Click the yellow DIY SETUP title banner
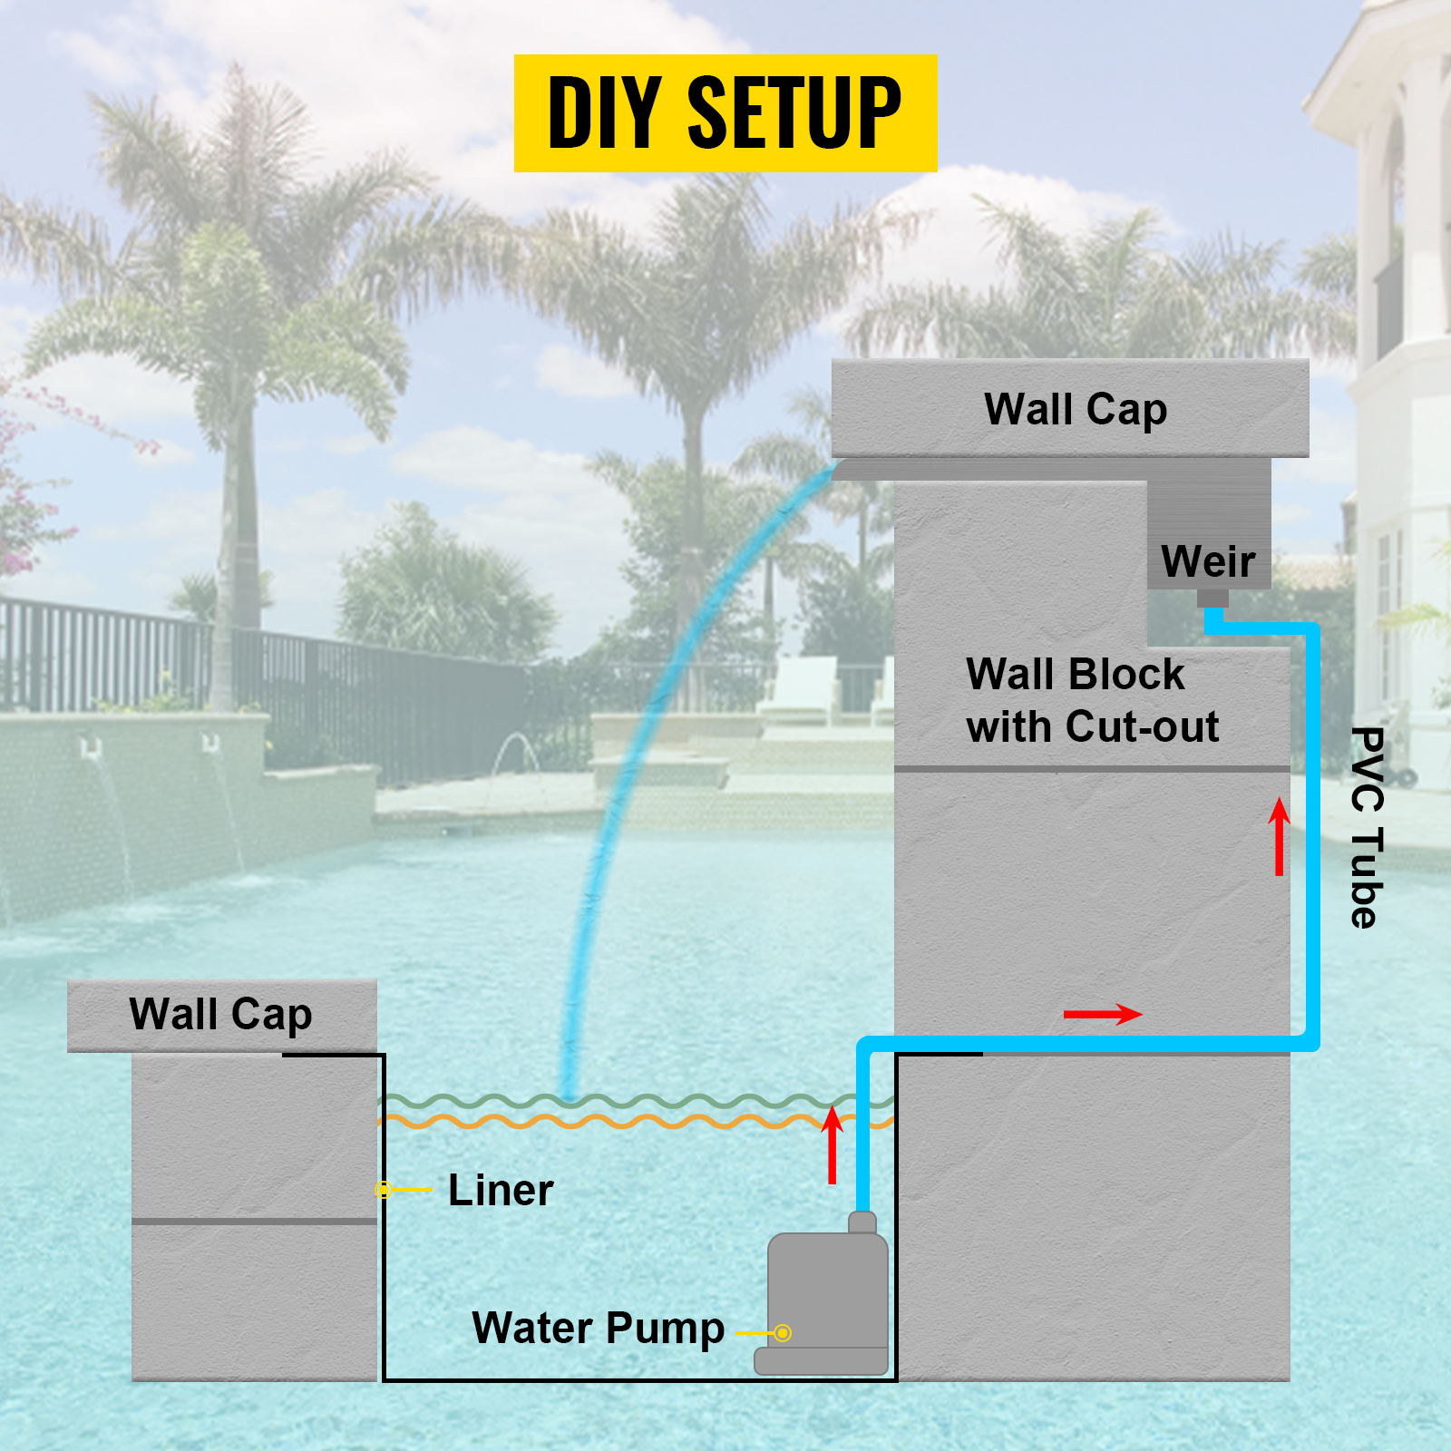[725, 112]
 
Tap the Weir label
[1208, 561]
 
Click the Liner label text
[501, 1191]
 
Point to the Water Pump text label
[598, 1329]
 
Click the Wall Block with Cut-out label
[1092, 700]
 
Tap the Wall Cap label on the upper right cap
[1076, 409]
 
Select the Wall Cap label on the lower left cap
[220, 1014]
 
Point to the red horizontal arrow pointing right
[1102, 1014]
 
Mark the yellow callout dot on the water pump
[783, 1333]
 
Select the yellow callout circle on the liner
[384, 1189]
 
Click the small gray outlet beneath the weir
[1212, 599]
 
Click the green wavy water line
[635, 1101]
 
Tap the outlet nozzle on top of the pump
[862, 1222]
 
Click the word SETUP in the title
[794, 112]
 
